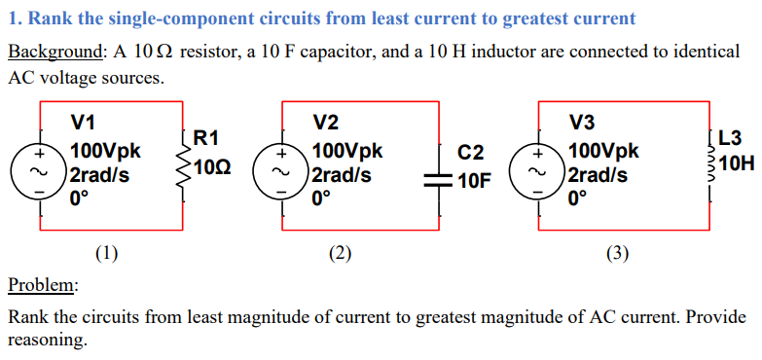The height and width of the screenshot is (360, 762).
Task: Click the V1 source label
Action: click(x=84, y=123)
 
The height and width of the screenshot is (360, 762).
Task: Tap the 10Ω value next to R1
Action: click(x=213, y=167)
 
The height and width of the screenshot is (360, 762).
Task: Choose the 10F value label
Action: click(x=474, y=180)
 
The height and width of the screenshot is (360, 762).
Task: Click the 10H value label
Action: click(x=740, y=164)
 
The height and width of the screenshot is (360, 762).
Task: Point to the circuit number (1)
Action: click(x=107, y=255)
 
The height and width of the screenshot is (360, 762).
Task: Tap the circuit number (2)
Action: click(x=340, y=255)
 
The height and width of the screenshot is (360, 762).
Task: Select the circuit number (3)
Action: click(x=617, y=255)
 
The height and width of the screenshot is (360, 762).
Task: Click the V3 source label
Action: click(x=582, y=123)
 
